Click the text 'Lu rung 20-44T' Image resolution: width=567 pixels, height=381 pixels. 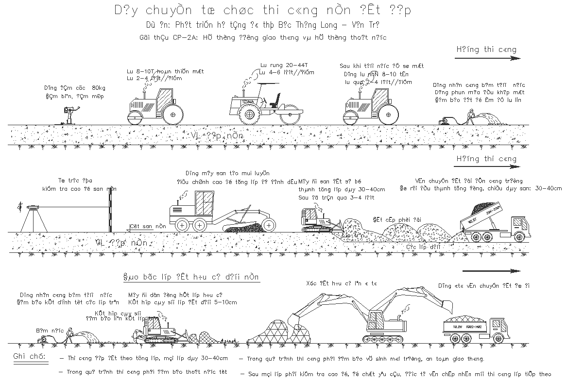[284, 65]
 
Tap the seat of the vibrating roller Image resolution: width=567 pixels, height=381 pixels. [275, 101]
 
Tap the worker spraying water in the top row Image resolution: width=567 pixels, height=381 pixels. [469, 117]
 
